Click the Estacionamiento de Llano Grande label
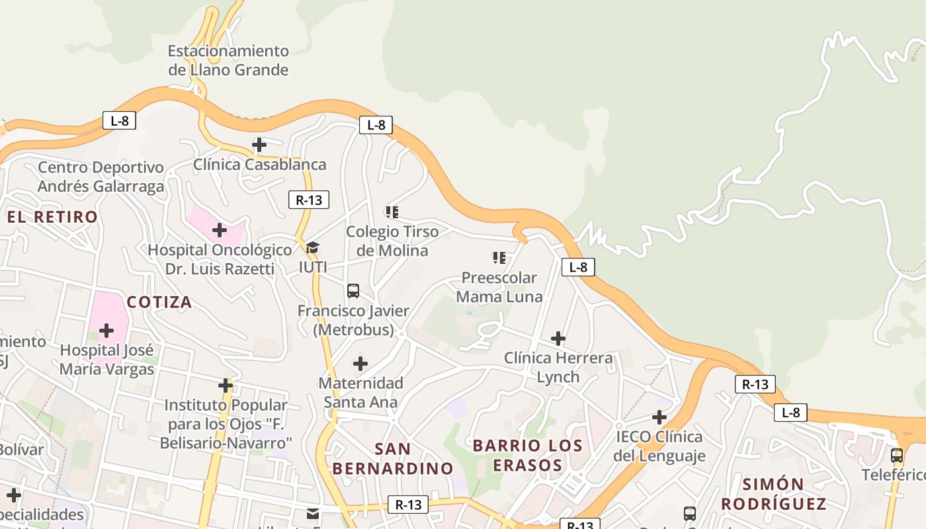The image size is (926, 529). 228,60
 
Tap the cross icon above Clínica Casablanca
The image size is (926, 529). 259,145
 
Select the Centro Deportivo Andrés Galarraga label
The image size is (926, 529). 101,177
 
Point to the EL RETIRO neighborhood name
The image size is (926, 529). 52,217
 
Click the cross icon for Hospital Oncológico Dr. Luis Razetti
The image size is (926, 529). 220,230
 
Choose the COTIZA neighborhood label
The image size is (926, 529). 159,302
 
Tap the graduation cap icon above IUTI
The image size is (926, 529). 313,247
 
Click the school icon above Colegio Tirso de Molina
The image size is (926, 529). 392,212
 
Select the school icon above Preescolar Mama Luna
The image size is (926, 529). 499,258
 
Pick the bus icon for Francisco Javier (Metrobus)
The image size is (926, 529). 353,291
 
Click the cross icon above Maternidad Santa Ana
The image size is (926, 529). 360,364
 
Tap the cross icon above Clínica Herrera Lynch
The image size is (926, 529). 558,339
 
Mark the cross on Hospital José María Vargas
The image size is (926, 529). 106,331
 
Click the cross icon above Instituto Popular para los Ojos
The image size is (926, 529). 226,386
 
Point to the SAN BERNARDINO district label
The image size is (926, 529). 393,458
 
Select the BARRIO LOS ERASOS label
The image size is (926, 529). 528,455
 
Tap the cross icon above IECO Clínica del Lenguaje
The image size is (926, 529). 659,417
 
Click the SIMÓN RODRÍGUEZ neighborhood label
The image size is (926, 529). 773,493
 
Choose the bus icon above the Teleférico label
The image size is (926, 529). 897,456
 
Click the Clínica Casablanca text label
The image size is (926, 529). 260,165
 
